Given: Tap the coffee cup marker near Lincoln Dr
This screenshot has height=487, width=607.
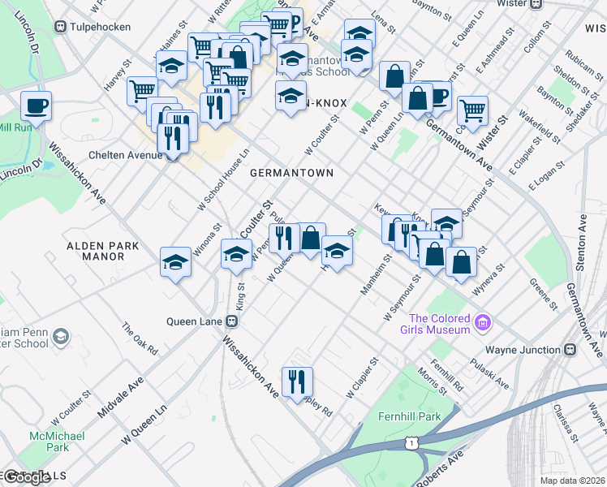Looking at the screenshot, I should [36, 106].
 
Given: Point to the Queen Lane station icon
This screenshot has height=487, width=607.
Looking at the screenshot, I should [232, 321].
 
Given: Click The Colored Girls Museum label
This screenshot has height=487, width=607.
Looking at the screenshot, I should [440, 324].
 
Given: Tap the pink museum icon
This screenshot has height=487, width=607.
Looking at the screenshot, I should [484, 324].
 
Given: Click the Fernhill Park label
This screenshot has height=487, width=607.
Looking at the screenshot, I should [409, 416].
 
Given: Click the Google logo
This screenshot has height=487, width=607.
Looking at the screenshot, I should [27, 476].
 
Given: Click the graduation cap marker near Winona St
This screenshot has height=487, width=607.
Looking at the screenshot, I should [175, 262].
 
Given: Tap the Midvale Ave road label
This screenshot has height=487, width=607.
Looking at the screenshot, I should [120, 397].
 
